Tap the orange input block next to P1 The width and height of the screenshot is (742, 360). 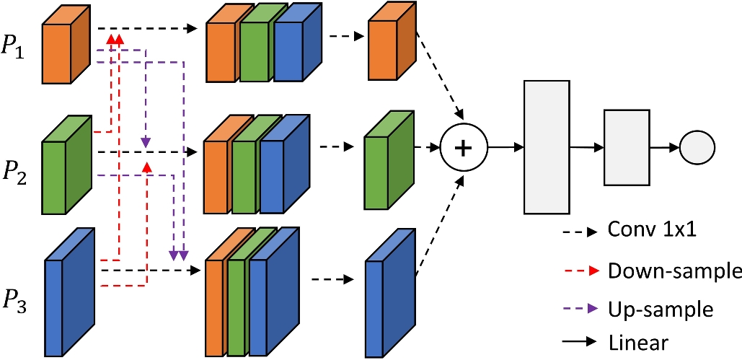(65, 45)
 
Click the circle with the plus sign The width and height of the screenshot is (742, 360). (464, 147)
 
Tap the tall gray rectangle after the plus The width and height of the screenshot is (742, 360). (547, 147)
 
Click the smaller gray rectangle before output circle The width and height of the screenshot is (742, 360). (626, 147)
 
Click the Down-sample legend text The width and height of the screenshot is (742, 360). (674, 271)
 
